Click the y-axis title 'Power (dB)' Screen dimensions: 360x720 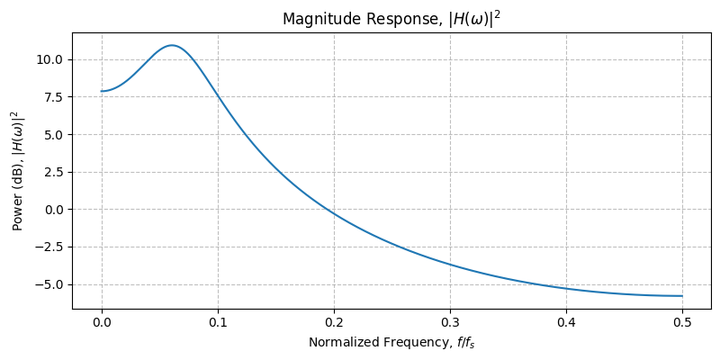16,170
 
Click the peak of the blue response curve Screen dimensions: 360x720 171,45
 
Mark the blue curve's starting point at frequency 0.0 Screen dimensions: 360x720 102,91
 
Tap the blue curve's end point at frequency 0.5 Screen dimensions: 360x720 682,296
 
